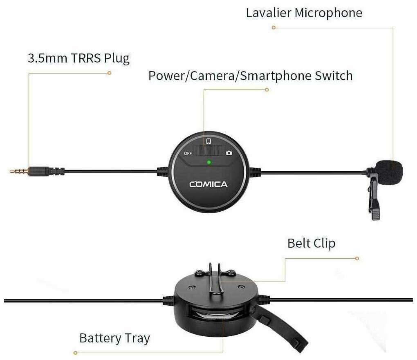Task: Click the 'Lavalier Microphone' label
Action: coord(304,13)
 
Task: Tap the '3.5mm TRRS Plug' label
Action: coord(79,58)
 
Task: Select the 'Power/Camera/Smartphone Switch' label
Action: coord(250,76)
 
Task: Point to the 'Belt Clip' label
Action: coord(311,243)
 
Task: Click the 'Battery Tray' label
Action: coord(114,338)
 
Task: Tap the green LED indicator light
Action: coord(209,162)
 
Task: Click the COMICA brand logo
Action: coord(208,184)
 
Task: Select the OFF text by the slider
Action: coord(188,153)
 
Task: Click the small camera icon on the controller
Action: coord(229,153)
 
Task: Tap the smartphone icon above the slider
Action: coord(209,141)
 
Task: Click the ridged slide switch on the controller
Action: coord(208,150)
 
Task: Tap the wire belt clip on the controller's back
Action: coord(215,279)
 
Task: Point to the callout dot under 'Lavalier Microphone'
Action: coord(274,28)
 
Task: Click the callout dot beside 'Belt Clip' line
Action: coord(357,258)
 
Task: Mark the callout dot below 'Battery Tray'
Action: coord(76,353)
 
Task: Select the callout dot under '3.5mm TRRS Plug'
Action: coord(109,73)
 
